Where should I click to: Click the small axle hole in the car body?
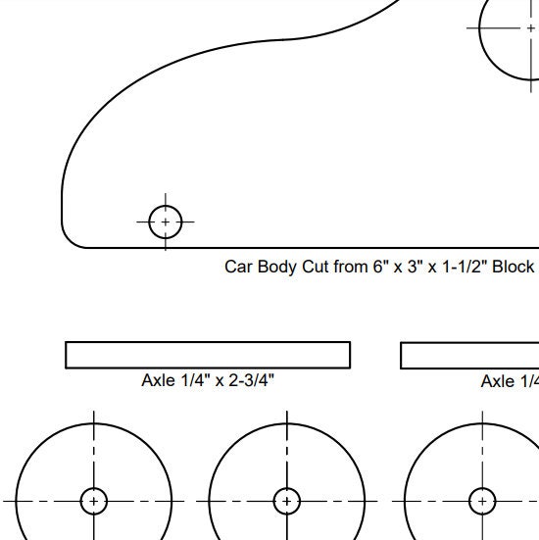pos(166,222)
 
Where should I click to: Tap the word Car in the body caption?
pos(238,267)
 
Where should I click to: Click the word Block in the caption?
pos(513,267)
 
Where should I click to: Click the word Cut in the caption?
pos(316,267)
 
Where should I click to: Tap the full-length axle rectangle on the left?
pos(207,354)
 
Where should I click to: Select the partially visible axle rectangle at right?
pos(470,355)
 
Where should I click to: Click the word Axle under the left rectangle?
pos(158,380)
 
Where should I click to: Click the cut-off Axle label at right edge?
pos(510,381)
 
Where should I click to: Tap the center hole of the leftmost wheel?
pos(94,501)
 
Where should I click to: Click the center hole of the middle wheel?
pos(287,501)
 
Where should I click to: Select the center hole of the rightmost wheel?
pos(481,501)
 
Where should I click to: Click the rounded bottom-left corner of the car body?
pos(71,237)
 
